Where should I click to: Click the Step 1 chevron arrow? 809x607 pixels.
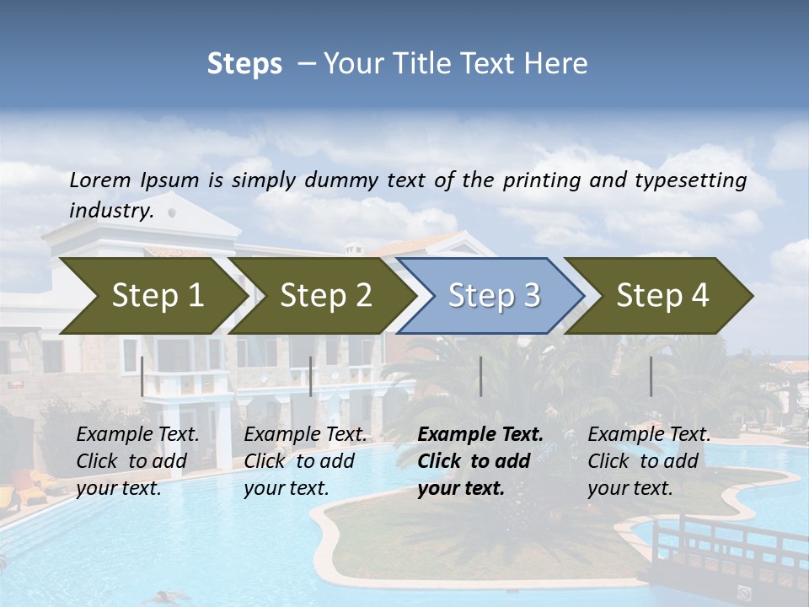(x=152, y=296)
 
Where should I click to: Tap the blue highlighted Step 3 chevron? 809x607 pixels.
(x=493, y=296)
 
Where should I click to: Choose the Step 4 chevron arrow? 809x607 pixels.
(x=662, y=296)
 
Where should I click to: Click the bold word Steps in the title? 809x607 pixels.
(x=244, y=64)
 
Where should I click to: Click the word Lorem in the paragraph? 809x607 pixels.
(x=100, y=180)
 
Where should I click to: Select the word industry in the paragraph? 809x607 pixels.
(x=110, y=211)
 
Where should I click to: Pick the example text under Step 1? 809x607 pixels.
(x=137, y=461)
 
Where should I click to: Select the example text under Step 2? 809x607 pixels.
(x=305, y=461)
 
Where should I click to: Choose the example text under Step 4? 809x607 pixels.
(x=649, y=461)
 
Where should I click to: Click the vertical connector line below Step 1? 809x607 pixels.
(x=142, y=376)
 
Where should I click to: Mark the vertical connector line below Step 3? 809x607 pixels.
(x=480, y=376)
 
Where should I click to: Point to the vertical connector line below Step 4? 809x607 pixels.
(x=651, y=376)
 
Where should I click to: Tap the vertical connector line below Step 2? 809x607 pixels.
(x=311, y=376)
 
